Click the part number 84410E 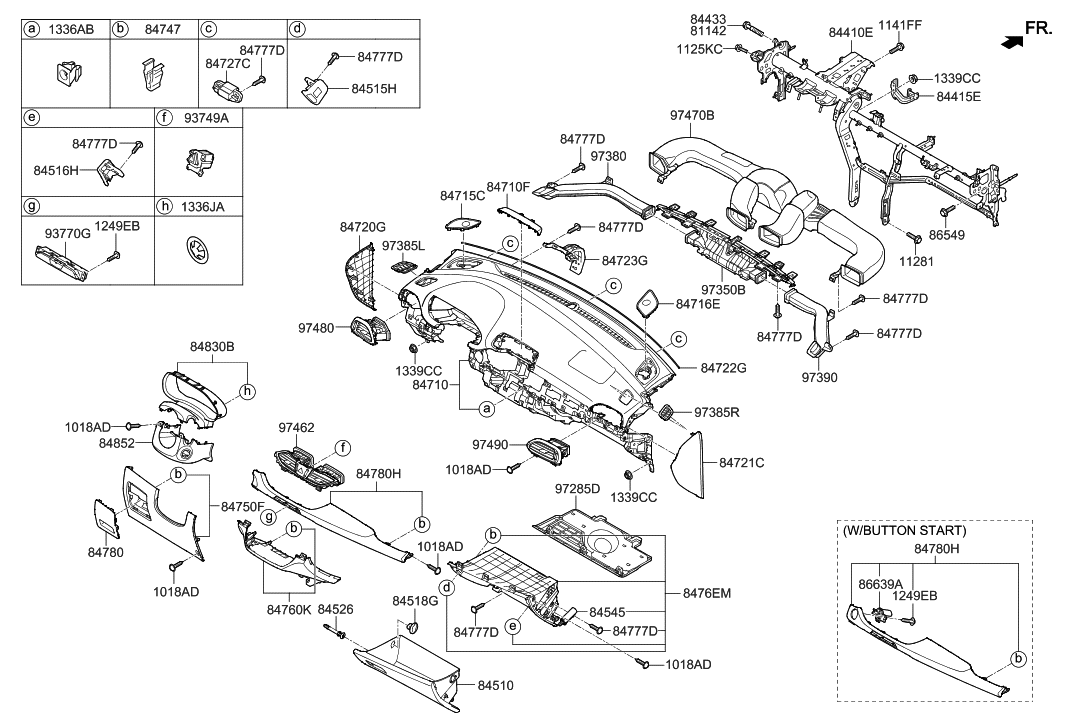coord(850,32)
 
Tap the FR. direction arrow coord(1012,41)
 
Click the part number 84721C coord(741,463)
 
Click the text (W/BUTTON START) coord(905,530)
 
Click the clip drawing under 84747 coord(150,75)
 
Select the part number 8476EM coord(708,593)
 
